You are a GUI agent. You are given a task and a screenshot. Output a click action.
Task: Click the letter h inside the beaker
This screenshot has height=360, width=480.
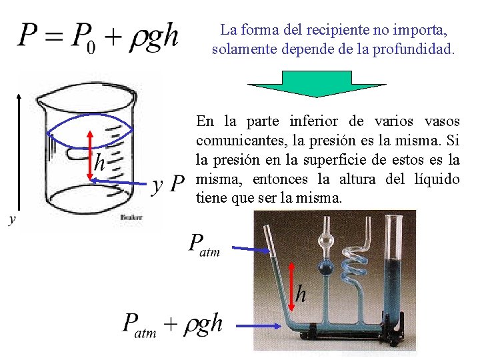pyautogui.click(x=100, y=161)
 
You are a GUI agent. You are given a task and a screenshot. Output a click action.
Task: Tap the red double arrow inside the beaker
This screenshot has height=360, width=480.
pyautogui.click(x=89, y=155)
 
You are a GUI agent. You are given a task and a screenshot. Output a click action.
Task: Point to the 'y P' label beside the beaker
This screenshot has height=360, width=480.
pyautogui.click(x=168, y=183)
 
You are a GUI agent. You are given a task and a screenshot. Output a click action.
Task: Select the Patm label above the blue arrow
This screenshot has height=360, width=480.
pyautogui.click(x=204, y=245)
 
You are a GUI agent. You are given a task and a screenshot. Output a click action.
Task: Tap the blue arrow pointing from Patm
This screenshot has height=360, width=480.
pyautogui.click(x=253, y=249)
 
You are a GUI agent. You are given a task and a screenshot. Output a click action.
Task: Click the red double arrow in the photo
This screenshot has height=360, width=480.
pyautogui.click(x=291, y=287)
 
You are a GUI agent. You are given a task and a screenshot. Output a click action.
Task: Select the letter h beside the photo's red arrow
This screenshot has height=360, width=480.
pyautogui.click(x=301, y=293)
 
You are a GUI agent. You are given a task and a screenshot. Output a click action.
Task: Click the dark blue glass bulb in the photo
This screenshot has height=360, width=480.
pyautogui.click(x=326, y=269)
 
